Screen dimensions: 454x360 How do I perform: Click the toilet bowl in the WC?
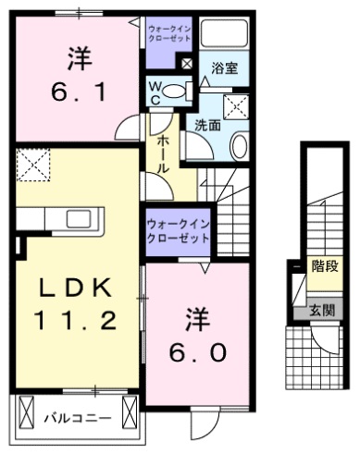182,90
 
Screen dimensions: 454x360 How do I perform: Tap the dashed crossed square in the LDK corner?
33,166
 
